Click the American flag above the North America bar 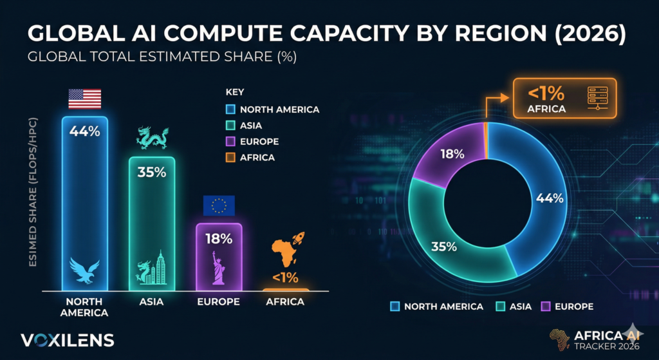pos(85,99)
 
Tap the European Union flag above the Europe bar pos(219,206)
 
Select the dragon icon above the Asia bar pos(152,138)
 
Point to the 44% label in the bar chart pos(85,131)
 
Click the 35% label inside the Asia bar pos(152,172)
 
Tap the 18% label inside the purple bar pos(219,239)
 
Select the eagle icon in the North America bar pos(85,270)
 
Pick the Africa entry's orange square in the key pos(230,158)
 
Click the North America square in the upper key pos(230,109)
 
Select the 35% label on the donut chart pos(444,246)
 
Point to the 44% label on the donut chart pos(550,198)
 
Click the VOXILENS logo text pos(68,340)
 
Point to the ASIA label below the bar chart pos(152,301)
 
